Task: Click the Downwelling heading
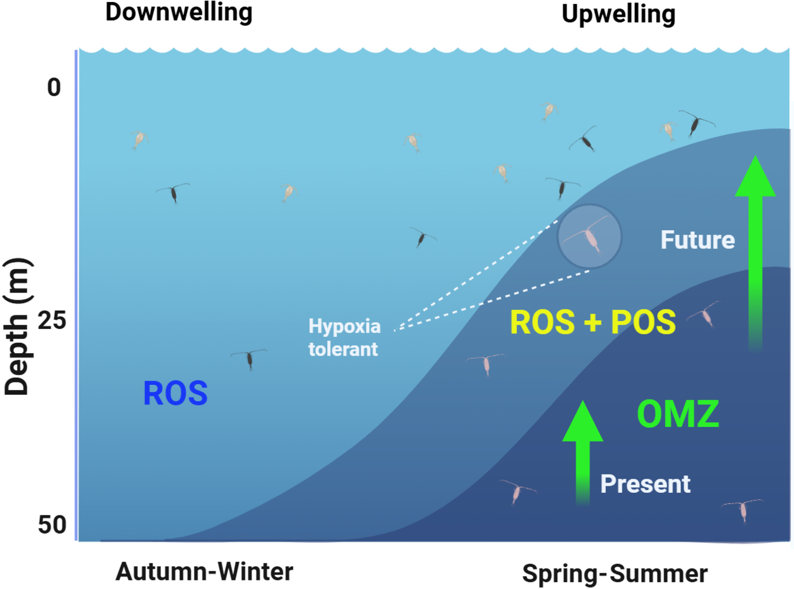point(179,12)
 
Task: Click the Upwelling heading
point(618,15)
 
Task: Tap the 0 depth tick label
point(54,87)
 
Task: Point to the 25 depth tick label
point(52,320)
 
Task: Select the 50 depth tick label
point(52,524)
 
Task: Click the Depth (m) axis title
point(17,327)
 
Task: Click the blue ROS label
point(175,393)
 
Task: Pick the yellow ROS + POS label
point(593,322)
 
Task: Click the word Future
point(698,240)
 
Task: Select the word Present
point(645,484)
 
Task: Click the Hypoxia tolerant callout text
point(344,338)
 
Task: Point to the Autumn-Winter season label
point(204,572)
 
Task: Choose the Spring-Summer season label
point(615,574)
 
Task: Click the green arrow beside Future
point(755,250)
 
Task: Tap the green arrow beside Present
point(582,451)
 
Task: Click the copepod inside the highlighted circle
point(589,236)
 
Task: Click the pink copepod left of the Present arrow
point(517,491)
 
